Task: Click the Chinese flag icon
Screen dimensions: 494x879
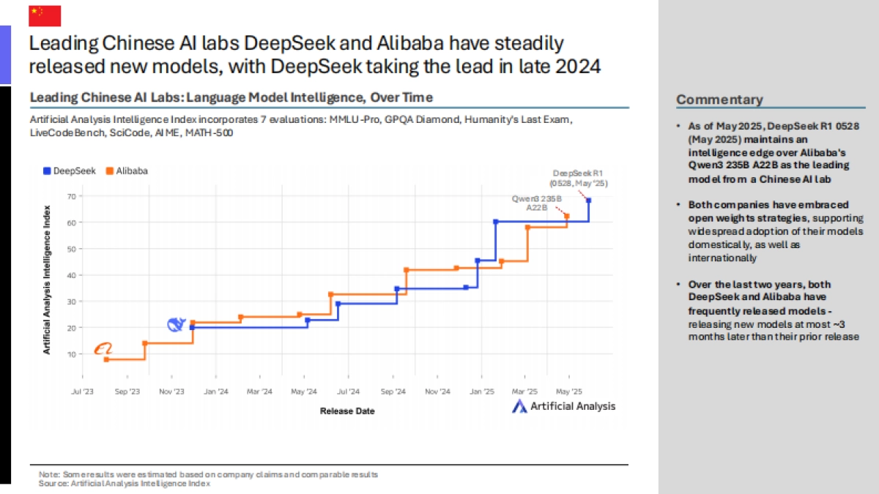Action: pos(45,15)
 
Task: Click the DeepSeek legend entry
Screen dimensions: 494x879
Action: pos(70,171)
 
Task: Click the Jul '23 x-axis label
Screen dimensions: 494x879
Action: pos(82,392)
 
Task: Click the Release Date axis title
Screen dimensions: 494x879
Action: pos(347,411)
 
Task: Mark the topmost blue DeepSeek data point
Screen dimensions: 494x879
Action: pos(589,200)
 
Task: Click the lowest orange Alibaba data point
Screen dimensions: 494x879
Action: pos(106,359)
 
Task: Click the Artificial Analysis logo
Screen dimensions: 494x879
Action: pos(563,406)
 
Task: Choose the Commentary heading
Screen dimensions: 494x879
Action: pos(719,100)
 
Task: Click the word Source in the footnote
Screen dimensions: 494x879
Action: pos(50,483)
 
